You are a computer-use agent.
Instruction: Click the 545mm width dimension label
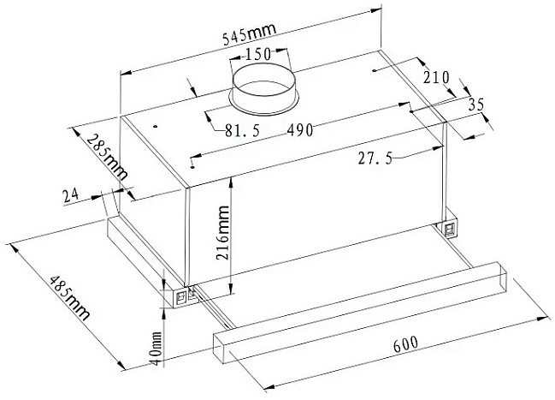pos(249,34)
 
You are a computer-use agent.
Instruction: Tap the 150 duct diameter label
pos(258,54)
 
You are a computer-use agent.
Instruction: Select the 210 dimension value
pos(436,77)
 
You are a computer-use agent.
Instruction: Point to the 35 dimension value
pos(476,105)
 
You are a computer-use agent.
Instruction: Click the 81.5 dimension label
pos(243,131)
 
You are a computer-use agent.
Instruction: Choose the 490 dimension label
pos(300,130)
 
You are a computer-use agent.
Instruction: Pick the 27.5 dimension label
pos(375,158)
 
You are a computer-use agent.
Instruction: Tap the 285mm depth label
pos(107,157)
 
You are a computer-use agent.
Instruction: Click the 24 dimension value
pos(70,196)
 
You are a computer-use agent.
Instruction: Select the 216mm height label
pos(223,233)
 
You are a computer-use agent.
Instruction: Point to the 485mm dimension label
pos(70,297)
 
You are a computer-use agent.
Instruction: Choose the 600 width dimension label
pos(405,343)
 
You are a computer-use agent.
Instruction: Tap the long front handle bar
pos(360,313)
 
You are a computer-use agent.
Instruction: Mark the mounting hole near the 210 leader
pos(375,71)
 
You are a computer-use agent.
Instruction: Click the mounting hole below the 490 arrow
pos(192,167)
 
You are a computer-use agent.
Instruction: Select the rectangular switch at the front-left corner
pos(181,299)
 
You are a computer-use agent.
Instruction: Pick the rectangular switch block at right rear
pos(450,229)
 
